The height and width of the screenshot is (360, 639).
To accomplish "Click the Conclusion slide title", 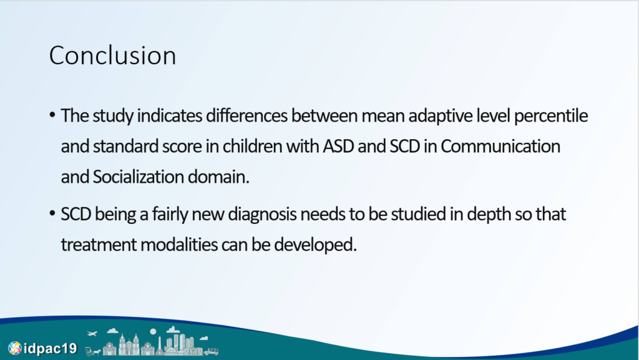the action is pyautogui.click(x=112, y=56).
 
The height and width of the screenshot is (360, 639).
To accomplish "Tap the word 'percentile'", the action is pyautogui.click(x=550, y=116).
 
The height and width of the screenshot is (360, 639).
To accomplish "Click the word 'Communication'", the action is pyautogui.click(x=500, y=146).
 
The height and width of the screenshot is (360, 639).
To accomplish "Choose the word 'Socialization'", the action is pyautogui.click(x=139, y=177).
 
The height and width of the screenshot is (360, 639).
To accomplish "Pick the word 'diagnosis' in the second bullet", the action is pyautogui.click(x=262, y=214).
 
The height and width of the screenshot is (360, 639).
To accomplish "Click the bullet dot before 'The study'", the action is pyautogui.click(x=52, y=115).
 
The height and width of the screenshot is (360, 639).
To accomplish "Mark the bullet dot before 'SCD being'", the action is pyautogui.click(x=52, y=213).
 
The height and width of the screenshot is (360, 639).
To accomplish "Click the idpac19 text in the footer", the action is pyautogui.click(x=50, y=348).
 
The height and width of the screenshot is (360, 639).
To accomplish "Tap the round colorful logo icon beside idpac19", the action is pyautogui.click(x=15, y=348).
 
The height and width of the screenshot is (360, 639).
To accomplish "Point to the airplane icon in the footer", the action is pyautogui.click(x=92, y=334).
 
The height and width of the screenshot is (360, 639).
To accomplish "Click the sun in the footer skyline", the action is pyautogui.click(x=153, y=331).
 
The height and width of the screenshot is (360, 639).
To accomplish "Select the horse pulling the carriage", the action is pyautogui.click(x=96, y=351).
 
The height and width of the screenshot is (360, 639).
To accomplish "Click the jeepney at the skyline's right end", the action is pyautogui.click(x=211, y=351).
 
